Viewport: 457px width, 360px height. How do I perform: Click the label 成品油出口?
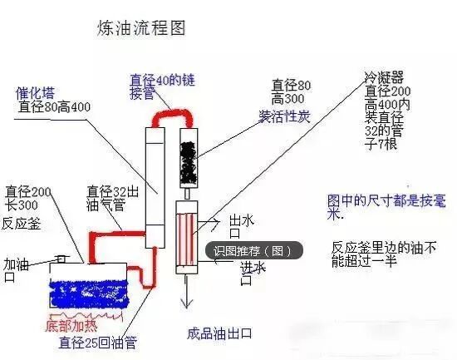pos(219,335)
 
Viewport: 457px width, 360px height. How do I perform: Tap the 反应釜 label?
pos(22,224)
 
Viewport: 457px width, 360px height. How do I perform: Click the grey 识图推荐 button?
pos(253,250)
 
